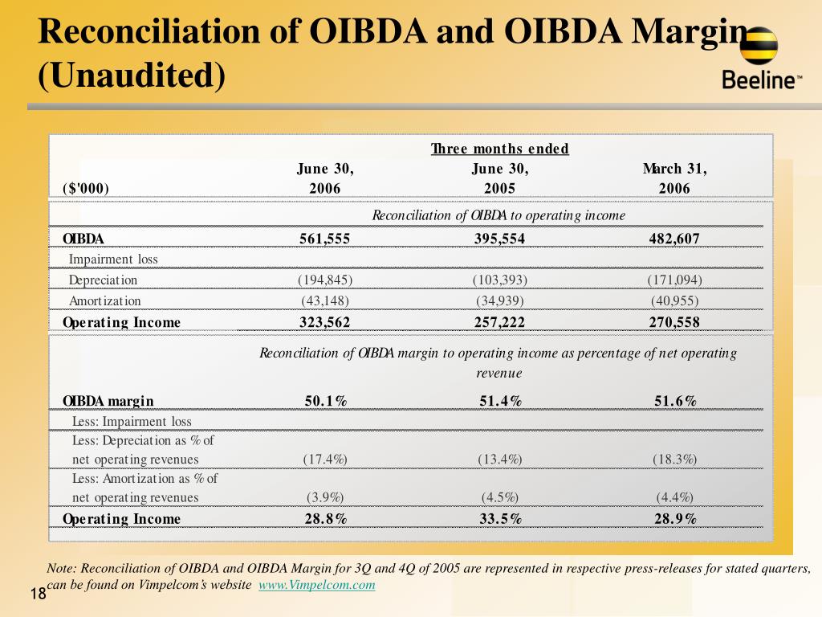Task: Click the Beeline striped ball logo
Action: [759, 46]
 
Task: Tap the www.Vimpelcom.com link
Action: [316, 585]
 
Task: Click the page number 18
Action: [39, 594]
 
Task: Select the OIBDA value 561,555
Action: [324, 239]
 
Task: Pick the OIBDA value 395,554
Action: [499, 239]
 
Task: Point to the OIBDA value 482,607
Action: [674, 239]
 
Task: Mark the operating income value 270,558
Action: [674, 322]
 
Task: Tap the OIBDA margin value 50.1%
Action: [326, 402]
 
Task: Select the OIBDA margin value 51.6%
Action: [675, 402]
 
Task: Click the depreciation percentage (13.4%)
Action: [500, 460]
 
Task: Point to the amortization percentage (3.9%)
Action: [325, 497]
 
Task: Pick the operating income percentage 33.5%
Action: [501, 519]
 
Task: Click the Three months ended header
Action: [499, 149]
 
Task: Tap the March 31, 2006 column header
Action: [674, 178]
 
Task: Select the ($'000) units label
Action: [85, 188]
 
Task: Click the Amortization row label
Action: [105, 301]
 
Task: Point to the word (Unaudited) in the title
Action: [132, 75]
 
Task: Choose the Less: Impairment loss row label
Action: [132, 422]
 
